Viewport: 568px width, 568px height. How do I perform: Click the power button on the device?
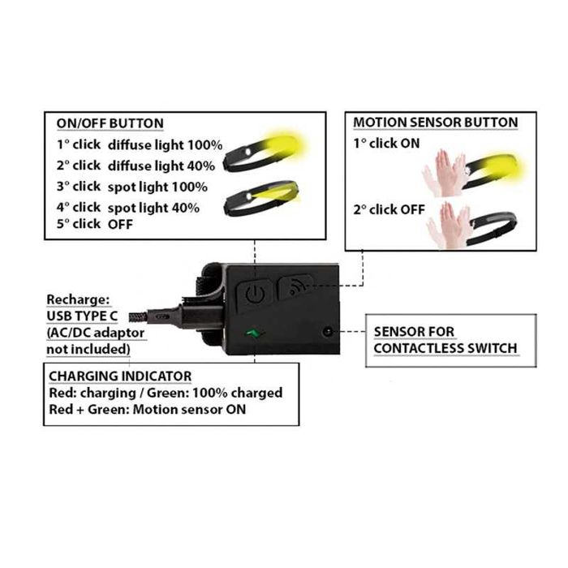(x=255, y=294)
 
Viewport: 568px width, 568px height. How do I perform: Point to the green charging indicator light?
(x=255, y=333)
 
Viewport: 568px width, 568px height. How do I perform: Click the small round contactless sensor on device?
(x=328, y=331)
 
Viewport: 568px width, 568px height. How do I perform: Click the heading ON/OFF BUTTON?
(x=110, y=123)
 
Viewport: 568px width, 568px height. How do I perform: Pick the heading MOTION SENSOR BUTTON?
(x=436, y=123)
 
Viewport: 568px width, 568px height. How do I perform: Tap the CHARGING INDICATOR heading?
(x=120, y=376)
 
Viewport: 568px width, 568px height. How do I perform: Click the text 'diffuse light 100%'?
(x=166, y=145)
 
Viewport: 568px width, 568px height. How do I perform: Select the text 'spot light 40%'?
(x=153, y=208)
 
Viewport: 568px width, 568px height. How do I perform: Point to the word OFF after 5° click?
(x=120, y=224)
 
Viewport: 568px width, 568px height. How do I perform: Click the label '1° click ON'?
(x=386, y=144)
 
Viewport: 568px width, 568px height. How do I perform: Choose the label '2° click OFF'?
(x=389, y=209)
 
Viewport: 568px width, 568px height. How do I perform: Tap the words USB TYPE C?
(x=82, y=316)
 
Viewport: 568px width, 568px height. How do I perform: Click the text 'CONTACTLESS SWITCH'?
(x=445, y=348)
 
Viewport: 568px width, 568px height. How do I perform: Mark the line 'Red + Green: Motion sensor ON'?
(x=148, y=409)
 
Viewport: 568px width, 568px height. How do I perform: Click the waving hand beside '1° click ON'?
(x=445, y=172)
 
